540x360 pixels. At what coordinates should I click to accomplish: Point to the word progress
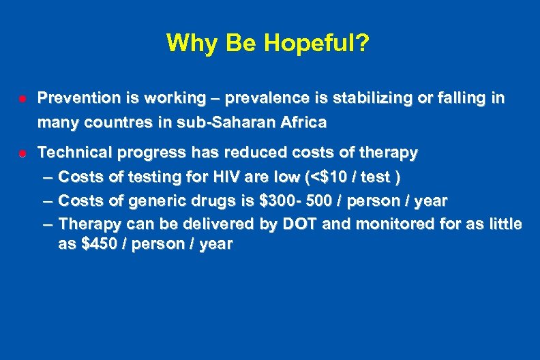(156, 153)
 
